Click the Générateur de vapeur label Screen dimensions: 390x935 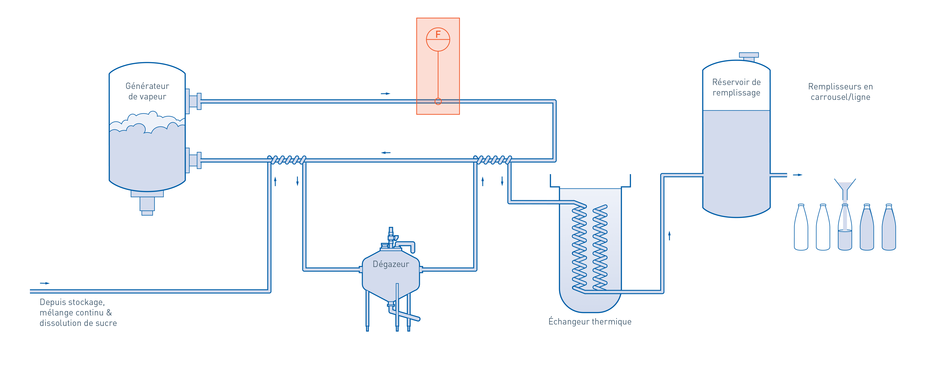coord(147,91)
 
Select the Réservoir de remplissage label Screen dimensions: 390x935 coord(736,87)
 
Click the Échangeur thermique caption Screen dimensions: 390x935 coord(590,321)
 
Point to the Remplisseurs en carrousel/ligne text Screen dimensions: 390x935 coord(840,92)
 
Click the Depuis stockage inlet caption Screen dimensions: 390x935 coord(78,312)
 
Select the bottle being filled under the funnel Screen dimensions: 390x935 coord(845,229)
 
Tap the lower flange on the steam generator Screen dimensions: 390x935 coord(194,160)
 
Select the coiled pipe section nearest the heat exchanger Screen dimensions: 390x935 coord(493,160)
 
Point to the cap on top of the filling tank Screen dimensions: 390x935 coord(749,57)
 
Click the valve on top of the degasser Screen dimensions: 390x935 coord(391,238)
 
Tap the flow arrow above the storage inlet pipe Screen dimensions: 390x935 coord(45,283)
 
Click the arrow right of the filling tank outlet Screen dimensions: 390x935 coord(797,175)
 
